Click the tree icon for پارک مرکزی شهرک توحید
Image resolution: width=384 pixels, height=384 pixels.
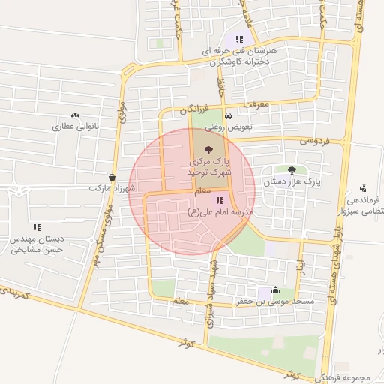click(208, 151)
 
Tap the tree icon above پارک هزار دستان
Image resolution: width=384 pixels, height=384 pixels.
click(291, 171)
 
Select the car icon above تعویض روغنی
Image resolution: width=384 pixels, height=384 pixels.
click(228, 115)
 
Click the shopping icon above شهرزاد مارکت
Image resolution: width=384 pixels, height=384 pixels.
click(112, 178)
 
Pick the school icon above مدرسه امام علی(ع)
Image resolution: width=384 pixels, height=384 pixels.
click(219, 200)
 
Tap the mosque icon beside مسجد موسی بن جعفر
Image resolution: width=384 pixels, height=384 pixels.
click(274, 290)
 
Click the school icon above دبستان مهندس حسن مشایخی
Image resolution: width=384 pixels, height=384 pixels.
click(36, 226)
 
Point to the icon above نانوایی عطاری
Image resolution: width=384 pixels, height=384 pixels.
click(74, 115)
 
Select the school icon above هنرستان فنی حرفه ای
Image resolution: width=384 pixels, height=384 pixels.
click(239, 39)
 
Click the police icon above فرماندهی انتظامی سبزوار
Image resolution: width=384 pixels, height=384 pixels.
click(363, 187)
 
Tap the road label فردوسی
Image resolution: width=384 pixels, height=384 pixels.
click(314, 140)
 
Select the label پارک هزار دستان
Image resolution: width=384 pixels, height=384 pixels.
click(292, 181)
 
